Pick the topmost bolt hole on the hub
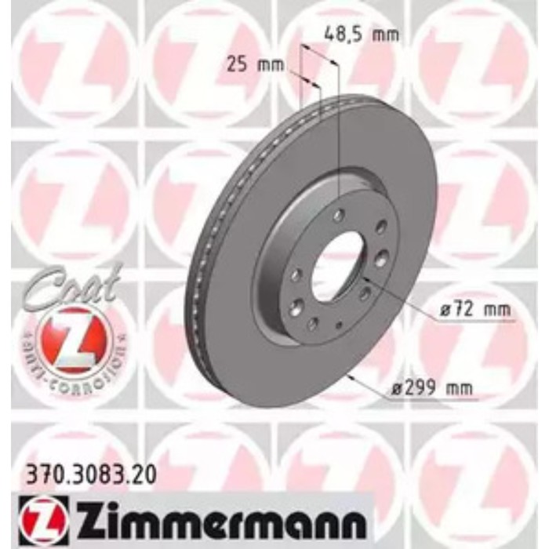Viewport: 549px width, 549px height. (x=338, y=216)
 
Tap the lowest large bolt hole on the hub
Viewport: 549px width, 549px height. (x=312, y=323)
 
